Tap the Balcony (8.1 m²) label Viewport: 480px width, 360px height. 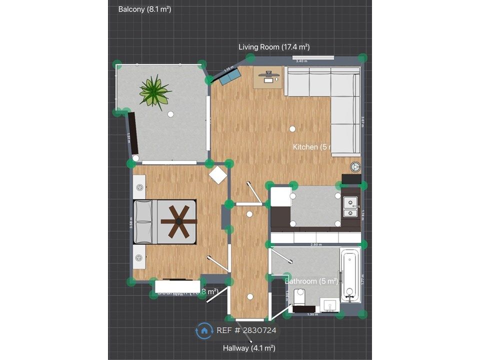coord(144,9)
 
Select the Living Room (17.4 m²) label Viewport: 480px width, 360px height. coord(274,47)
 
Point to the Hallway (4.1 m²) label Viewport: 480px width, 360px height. coord(249,348)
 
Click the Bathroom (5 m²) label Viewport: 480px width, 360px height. coord(311,281)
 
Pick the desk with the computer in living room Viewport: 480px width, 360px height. coord(269,77)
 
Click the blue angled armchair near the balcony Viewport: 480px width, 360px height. coord(230,76)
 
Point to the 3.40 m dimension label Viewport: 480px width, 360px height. coord(301,61)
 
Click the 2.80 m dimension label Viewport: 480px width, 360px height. coord(315,245)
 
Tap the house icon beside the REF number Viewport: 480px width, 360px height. coord(204,330)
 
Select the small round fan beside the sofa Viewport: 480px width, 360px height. coord(355,166)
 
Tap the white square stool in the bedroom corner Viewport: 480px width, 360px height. coord(218,175)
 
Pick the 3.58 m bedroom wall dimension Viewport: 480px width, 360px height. coord(130,222)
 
